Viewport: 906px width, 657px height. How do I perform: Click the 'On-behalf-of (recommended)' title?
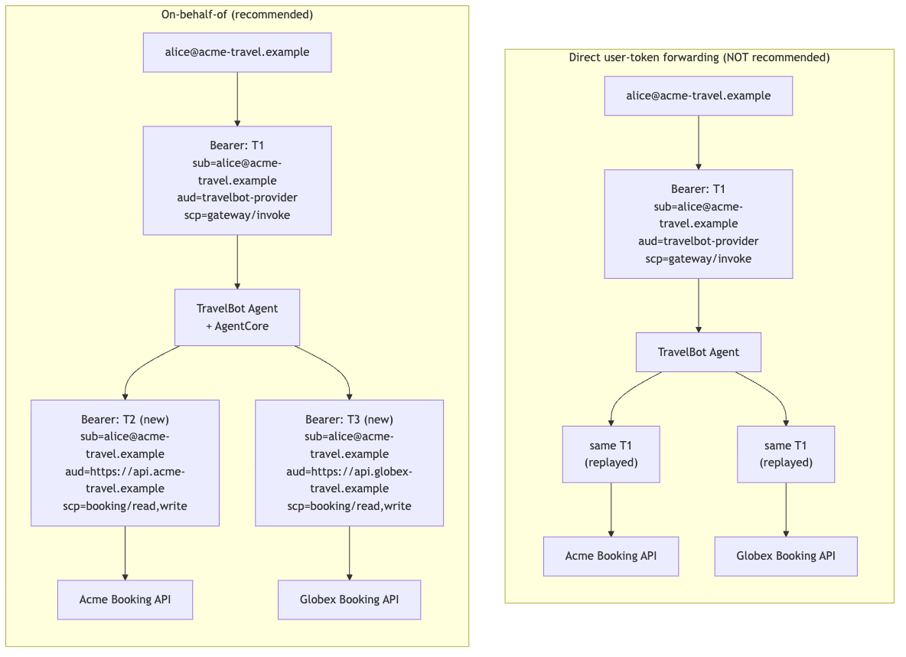pyautogui.click(x=237, y=15)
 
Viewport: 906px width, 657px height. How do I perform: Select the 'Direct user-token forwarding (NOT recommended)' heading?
pyautogui.click(x=699, y=57)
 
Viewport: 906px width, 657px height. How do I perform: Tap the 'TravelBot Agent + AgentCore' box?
pyautogui.click(x=237, y=318)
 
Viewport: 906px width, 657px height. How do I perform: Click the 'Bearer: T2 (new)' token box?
pyautogui.click(x=125, y=463)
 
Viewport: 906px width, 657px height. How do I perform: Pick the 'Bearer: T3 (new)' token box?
pyautogui.click(x=349, y=463)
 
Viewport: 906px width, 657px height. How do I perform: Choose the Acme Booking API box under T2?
pyautogui.click(x=125, y=600)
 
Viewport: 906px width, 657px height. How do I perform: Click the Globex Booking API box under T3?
pyautogui.click(x=349, y=600)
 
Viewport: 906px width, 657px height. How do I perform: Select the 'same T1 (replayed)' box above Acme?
pyautogui.click(x=611, y=454)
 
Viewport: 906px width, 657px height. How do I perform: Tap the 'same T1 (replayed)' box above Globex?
pyautogui.click(x=786, y=454)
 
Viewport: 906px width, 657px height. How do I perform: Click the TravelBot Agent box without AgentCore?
pyautogui.click(x=698, y=352)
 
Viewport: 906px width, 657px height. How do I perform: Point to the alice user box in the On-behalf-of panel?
pyautogui.click(x=237, y=52)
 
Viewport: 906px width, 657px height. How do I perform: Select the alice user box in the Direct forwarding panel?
pyautogui.click(x=698, y=96)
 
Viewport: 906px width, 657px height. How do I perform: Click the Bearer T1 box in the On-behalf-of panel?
pyautogui.click(x=237, y=181)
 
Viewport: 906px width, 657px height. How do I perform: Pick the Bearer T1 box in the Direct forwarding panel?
pyautogui.click(x=698, y=224)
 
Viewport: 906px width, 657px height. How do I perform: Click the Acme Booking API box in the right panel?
pyautogui.click(x=611, y=557)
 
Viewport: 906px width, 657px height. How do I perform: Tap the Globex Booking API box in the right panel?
pyautogui.click(x=786, y=557)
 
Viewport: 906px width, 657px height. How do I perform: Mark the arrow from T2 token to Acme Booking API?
pyautogui.click(x=125, y=553)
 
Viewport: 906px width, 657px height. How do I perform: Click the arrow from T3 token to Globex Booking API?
pyautogui.click(x=349, y=553)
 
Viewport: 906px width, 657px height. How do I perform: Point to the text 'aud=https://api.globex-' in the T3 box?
pyautogui.click(x=349, y=472)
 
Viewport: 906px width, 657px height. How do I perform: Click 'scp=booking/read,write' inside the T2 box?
pyautogui.click(x=125, y=506)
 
